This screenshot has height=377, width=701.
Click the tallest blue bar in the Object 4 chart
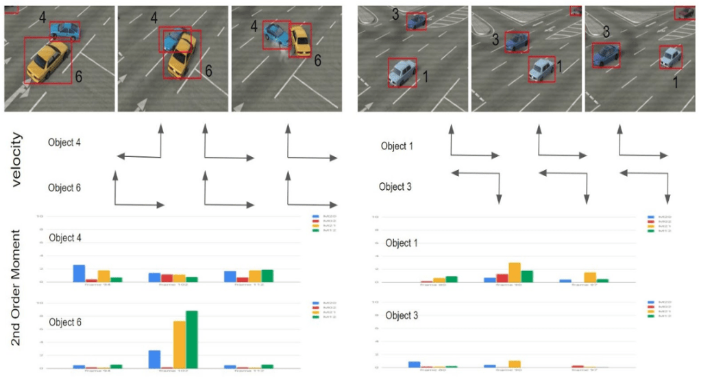pos(79,273)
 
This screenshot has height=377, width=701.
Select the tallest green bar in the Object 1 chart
pos(527,276)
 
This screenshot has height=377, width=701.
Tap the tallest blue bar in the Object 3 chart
pos(414,365)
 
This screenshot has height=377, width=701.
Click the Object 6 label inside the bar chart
pos(64,321)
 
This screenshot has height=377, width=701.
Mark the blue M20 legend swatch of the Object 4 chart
pos(316,217)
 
